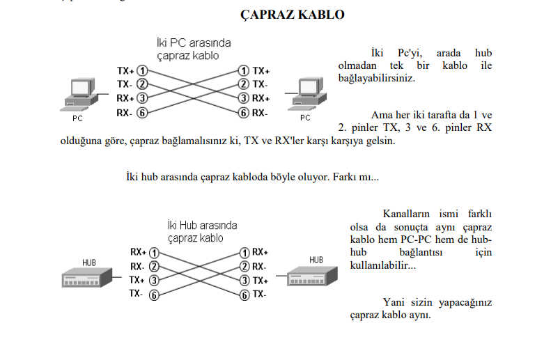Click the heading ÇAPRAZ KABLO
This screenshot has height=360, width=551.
pos(293,15)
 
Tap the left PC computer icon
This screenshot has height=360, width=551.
pos(79,94)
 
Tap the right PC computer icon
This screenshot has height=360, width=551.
pos(307,93)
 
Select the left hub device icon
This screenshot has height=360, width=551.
pos(87,277)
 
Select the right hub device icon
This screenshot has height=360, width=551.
pos(312,276)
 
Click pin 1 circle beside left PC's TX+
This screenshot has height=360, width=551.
pos(142,70)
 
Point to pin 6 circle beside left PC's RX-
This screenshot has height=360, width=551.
pos(142,113)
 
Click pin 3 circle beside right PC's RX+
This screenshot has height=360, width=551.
pos(244,98)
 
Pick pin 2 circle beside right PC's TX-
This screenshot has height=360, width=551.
pos(244,84)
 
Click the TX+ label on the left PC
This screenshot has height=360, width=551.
pos(125,70)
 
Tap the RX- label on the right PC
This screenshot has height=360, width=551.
pos(260,113)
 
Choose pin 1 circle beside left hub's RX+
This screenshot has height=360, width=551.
pos(154,253)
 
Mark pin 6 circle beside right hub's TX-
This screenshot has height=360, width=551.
pos(245,295)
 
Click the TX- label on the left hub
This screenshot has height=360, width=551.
pos(136,293)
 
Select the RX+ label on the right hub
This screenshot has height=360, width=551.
pos(260,252)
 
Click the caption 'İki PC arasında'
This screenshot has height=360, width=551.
pos(194,43)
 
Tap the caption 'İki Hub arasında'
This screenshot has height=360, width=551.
pos(203,225)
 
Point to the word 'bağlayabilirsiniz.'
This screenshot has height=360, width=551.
pos(377,78)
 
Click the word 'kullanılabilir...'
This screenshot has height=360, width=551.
pos(383,265)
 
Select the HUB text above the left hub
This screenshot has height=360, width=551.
pos(89,263)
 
